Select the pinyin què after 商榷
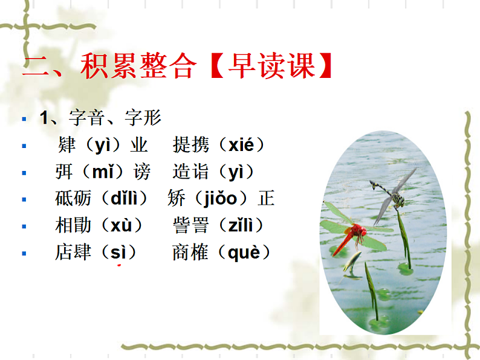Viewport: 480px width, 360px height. (244, 252)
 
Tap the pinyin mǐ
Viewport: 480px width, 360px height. (102, 172)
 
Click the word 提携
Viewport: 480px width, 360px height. (190, 145)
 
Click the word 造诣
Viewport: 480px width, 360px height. (190, 172)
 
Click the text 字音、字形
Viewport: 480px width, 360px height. (115, 118)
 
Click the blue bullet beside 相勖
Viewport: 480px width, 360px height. (24, 226)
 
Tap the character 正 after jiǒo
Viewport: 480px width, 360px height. (267, 198)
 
